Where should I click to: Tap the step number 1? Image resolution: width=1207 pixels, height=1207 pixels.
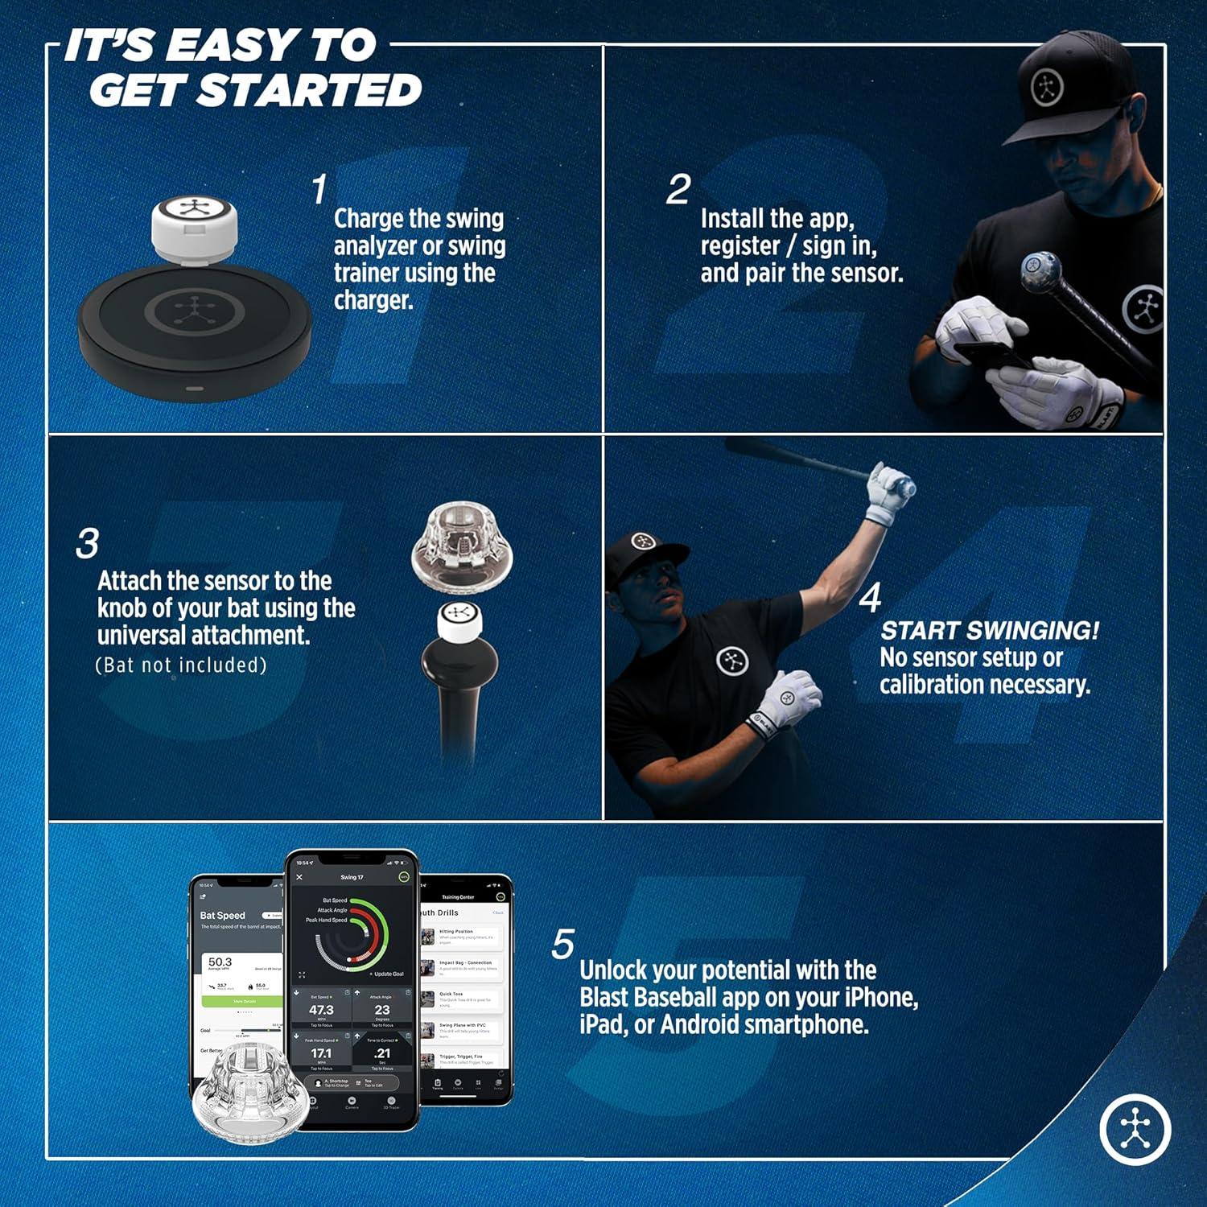click(319, 190)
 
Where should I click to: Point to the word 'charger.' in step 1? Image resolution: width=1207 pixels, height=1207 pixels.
click(373, 300)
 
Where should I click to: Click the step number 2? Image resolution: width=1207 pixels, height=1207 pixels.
click(678, 190)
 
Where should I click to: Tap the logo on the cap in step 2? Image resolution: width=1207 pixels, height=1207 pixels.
click(1047, 87)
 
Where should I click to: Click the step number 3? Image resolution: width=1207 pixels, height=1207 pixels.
click(87, 544)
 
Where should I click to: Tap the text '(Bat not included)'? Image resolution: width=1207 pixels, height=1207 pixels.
click(181, 665)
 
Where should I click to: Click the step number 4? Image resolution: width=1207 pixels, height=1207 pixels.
click(870, 598)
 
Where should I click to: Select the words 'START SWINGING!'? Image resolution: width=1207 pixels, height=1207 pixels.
click(989, 631)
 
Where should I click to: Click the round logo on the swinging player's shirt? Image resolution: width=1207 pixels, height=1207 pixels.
click(732, 661)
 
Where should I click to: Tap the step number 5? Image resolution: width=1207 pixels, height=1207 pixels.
click(563, 945)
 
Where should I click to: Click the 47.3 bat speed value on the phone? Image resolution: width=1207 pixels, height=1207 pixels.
click(321, 1010)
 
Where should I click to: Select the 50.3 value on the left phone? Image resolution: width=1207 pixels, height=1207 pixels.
click(220, 962)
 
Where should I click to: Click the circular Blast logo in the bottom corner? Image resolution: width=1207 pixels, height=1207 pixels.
click(1135, 1127)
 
